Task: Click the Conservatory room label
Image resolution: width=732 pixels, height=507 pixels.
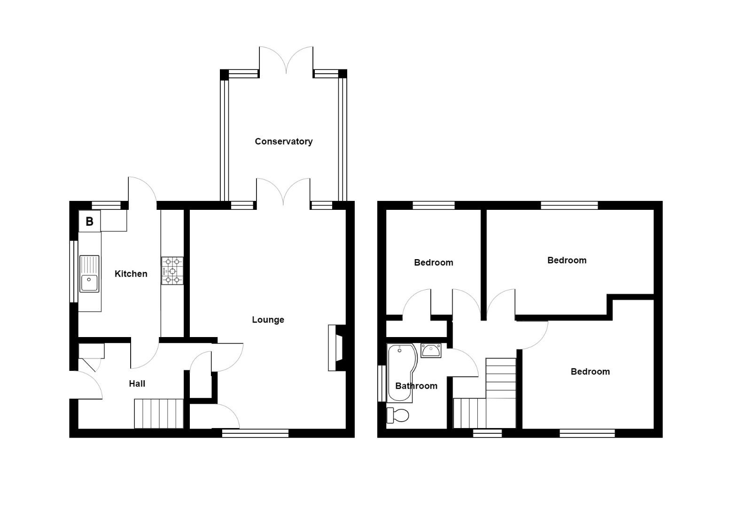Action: pos(283,141)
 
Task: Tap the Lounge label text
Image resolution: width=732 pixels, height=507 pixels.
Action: pos(268,320)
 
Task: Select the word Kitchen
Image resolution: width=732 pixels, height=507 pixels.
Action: pos(131,274)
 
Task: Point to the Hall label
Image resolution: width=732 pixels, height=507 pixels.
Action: pos(137,384)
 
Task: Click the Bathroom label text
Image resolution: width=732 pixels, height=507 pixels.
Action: pos(416,386)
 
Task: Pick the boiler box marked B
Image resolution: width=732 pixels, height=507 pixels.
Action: pos(89,221)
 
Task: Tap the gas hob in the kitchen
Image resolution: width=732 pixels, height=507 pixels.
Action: pos(172,271)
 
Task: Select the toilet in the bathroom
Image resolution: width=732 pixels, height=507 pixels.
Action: pos(397,415)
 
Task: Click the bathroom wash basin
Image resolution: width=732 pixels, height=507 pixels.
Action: pos(430,350)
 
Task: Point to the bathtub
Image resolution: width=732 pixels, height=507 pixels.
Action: pos(399,373)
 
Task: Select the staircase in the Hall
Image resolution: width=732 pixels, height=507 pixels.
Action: pos(158,414)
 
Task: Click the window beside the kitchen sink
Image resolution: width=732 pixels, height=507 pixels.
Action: pos(73,271)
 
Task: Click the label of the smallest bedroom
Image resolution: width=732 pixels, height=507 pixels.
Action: pos(433,262)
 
